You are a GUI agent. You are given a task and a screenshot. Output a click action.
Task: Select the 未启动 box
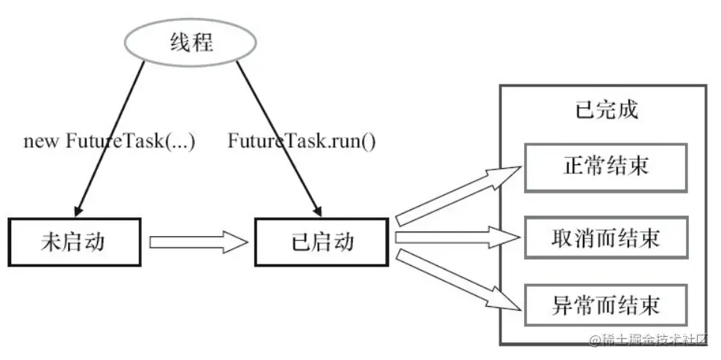pyautogui.click(x=74, y=242)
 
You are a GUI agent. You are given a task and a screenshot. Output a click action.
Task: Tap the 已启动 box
pyautogui.click(x=320, y=242)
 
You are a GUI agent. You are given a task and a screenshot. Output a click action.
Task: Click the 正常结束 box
pyautogui.click(x=605, y=166)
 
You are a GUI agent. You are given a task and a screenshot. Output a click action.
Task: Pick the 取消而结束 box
pyautogui.click(x=605, y=238)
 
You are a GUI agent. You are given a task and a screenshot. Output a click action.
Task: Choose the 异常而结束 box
pyautogui.click(x=605, y=305)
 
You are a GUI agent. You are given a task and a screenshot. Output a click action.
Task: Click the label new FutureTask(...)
pyautogui.click(x=109, y=140)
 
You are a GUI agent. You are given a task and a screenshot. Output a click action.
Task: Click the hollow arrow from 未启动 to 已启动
pyautogui.click(x=197, y=242)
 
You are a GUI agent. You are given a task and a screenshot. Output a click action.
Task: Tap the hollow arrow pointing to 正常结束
pyautogui.click(x=457, y=195)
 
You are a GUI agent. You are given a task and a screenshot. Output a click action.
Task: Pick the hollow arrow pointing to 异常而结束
pyautogui.click(x=457, y=281)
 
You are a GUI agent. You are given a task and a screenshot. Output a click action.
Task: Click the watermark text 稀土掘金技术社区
pyautogui.click(x=654, y=340)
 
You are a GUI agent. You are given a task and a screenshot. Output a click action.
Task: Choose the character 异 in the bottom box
pyautogui.click(x=562, y=305)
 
